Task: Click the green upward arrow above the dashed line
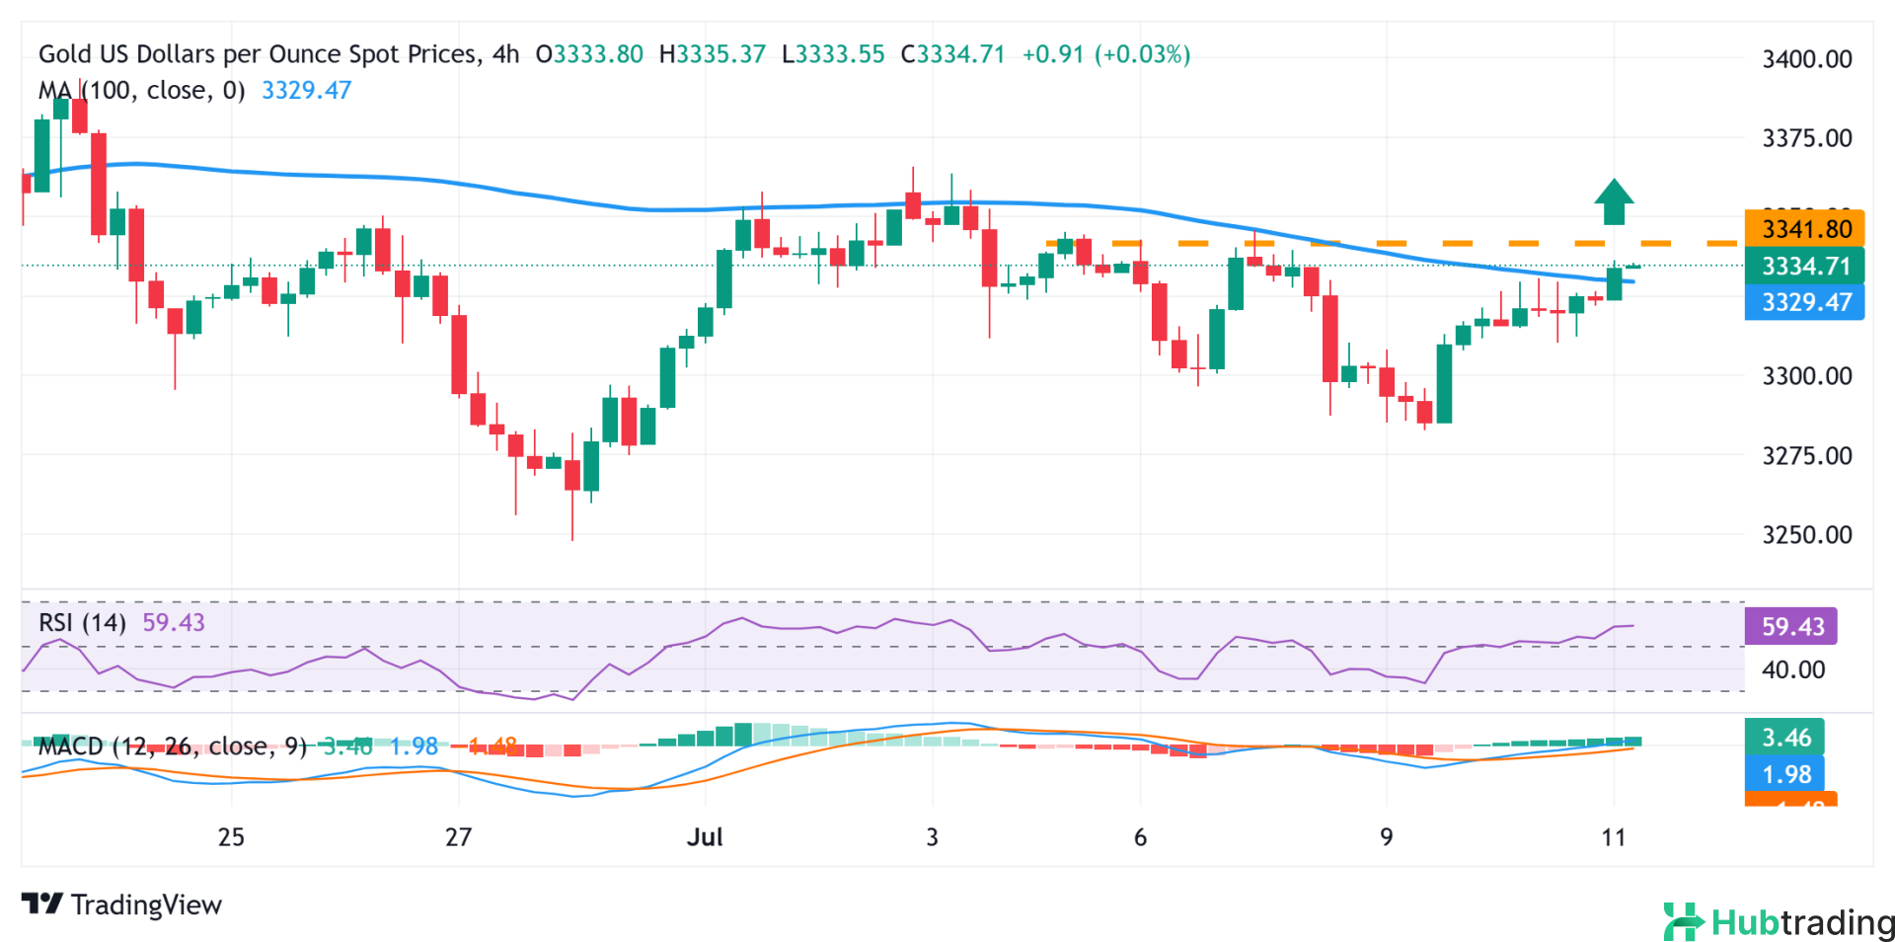click(x=1614, y=202)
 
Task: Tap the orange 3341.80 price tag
click(x=1804, y=229)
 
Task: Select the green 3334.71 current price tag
click(x=1804, y=266)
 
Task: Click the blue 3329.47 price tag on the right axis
click(x=1804, y=302)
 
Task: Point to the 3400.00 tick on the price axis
click(x=1806, y=59)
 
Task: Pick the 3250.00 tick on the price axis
click(x=1806, y=535)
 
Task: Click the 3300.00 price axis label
click(x=1806, y=376)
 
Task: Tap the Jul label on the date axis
click(x=705, y=837)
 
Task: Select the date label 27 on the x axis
click(x=458, y=837)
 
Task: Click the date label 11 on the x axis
click(x=1613, y=837)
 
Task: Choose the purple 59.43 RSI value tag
click(x=1791, y=627)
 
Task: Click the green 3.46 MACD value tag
click(x=1785, y=738)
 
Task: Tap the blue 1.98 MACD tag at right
click(x=1785, y=774)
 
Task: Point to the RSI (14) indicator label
click(x=82, y=623)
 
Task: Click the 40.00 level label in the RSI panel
click(x=1792, y=669)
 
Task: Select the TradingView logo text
click(x=122, y=904)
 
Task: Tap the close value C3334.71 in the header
click(x=952, y=54)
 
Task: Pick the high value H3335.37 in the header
click(x=712, y=54)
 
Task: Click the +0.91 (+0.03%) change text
click(x=1105, y=54)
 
